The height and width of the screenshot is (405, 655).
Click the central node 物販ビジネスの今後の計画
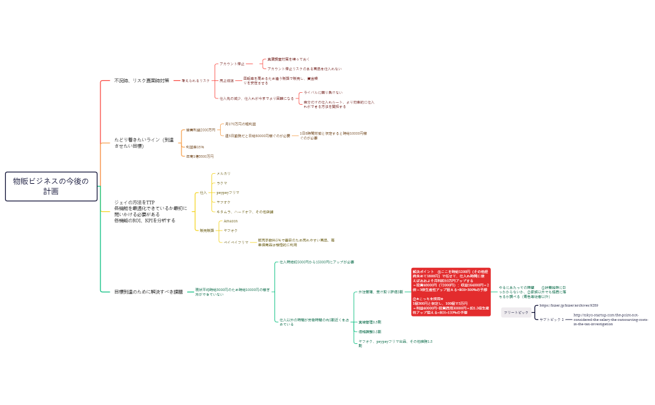click(x=51, y=186)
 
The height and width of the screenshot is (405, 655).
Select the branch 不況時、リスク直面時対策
click(x=142, y=80)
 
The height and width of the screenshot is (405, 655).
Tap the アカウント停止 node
click(x=231, y=64)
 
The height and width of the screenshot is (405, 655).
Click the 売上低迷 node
click(x=226, y=80)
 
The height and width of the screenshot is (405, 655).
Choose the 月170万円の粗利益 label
click(x=240, y=124)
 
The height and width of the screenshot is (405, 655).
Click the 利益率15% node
click(x=195, y=147)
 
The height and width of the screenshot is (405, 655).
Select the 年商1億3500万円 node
click(x=200, y=156)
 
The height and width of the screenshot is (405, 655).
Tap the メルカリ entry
click(x=223, y=173)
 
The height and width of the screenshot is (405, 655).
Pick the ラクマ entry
click(x=221, y=183)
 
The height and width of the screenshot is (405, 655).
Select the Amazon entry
click(x=230, y=221)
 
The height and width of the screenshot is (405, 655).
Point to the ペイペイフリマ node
click(x=236, y=241)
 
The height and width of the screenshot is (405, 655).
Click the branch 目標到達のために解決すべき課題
click(x=148, y=291)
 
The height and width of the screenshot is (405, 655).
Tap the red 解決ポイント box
click(x=451, y=292)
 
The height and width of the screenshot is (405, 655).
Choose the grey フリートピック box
click(x=516, y=312)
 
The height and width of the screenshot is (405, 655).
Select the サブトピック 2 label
click(x=551, y=319)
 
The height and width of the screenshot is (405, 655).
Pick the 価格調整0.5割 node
click(x=369, y=331)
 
